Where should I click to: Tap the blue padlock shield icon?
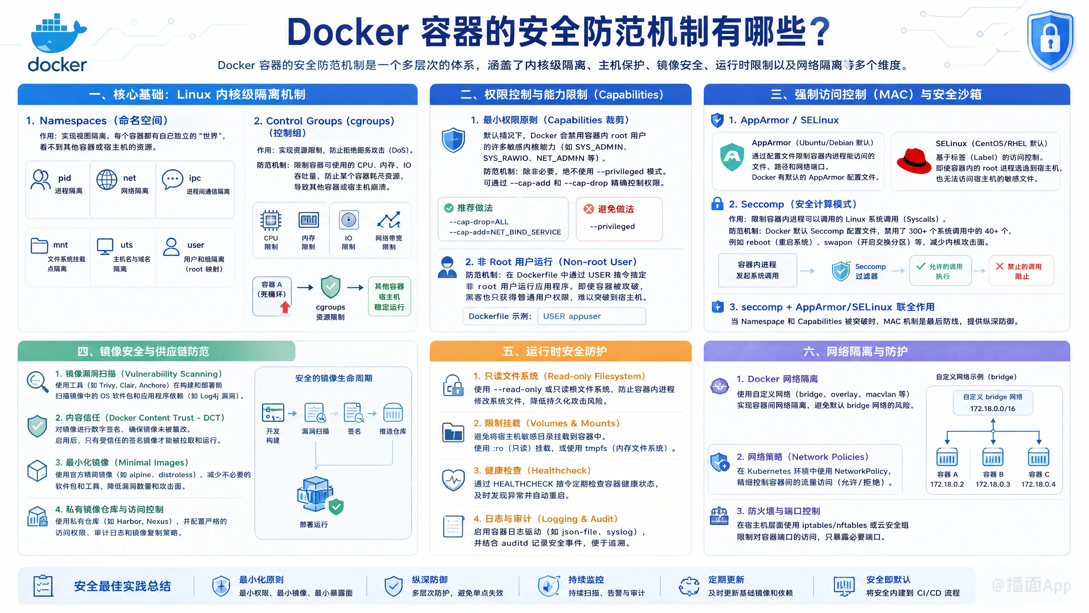[1050, 41]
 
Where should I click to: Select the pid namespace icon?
[41, 180]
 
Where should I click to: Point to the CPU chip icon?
[271, 220]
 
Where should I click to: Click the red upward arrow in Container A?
[285, 307]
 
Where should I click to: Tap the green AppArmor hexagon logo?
[732, 157]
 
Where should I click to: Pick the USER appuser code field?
[591, 316]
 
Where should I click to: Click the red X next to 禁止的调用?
[999, 266]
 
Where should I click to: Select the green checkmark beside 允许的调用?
[921, 266]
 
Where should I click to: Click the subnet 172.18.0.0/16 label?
[992, 409]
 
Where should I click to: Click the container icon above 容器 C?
[1038, 457]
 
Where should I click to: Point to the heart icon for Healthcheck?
[453, 480]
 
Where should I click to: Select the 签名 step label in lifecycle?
[354, 431]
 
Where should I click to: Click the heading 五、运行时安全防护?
[554, 352]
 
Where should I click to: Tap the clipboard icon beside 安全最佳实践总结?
[43, 586]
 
